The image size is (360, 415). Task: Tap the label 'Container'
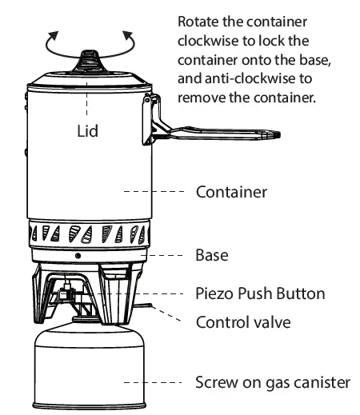point(231,192)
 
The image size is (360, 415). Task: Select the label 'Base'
point(212,256)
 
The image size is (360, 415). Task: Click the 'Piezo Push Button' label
point(261,293)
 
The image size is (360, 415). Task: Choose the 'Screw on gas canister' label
point(273,382)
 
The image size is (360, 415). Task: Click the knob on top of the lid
point(87,59)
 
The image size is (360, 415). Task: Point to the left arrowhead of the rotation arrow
point(52,34)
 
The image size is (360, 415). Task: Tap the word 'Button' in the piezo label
point(302,293)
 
